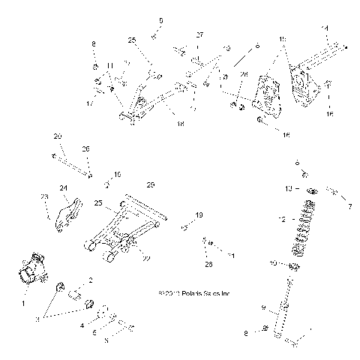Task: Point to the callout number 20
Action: tap(57, 136)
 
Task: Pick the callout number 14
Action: tap(325, 28)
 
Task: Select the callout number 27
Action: tap(200, 34)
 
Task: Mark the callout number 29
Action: tap(150, 184)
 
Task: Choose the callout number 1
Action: tap(22, 304)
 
